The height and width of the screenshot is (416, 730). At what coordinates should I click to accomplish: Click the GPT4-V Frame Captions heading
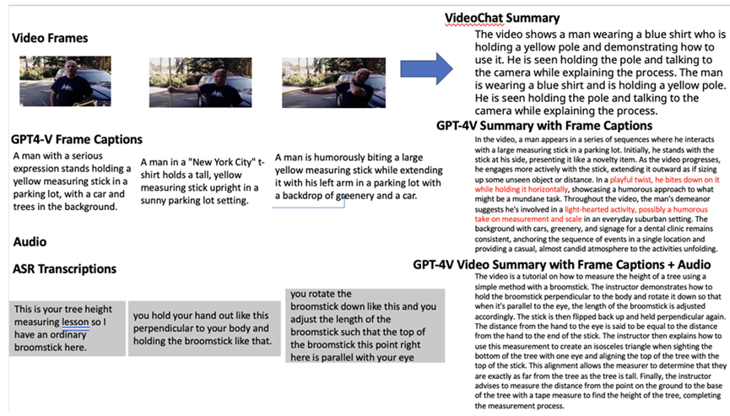(x=77, y=138)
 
